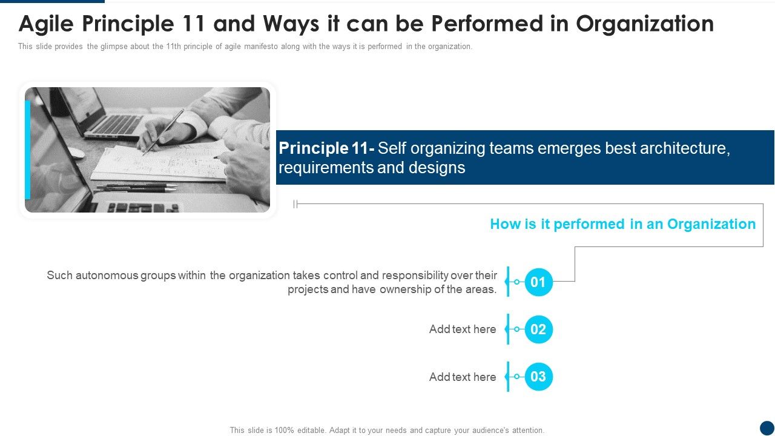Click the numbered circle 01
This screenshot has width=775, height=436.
pos(538,282)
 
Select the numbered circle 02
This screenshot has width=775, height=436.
pos(538,329)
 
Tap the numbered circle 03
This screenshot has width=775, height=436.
pos(538,377)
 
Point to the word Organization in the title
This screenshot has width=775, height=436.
pos(645,24)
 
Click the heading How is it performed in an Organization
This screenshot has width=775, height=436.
pos(622,224)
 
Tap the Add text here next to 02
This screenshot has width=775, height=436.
pos(463,329)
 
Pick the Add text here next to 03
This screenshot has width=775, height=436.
pos(463,377)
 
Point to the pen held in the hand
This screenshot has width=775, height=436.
pos(163,131)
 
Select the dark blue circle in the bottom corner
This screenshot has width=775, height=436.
pos(767,428)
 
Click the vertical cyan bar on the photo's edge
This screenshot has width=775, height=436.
pos(27,150)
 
